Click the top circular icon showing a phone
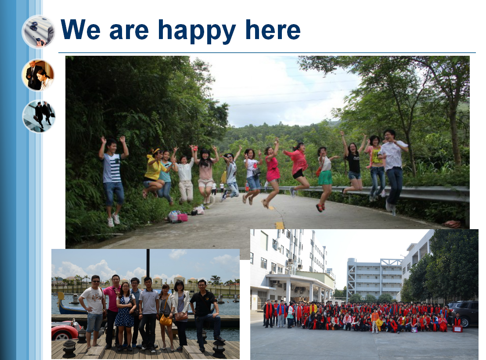click(x=39, y=32)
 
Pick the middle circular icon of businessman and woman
click(x=38, y=76)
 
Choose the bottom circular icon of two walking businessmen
click(x=39, y=116)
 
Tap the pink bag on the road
click(x=182, y=217)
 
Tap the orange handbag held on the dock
click(x=166, y=320)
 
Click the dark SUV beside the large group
click(x=464, y=313)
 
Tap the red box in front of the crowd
click(x=457, y=329)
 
